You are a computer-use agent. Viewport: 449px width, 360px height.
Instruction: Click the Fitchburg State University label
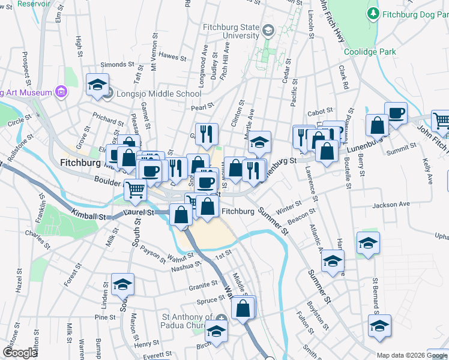232,31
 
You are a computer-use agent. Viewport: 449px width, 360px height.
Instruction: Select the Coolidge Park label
370,52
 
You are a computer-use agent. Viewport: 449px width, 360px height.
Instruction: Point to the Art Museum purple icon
60,92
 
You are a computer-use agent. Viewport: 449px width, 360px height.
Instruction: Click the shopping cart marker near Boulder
136,190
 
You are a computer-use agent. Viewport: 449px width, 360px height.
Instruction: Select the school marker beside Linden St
123,284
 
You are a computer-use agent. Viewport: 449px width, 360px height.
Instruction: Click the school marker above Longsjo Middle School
97,85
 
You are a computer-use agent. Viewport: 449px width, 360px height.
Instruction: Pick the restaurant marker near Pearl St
206,133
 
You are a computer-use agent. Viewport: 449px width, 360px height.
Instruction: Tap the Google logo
20,353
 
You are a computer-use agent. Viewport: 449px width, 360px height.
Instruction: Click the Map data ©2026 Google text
412,355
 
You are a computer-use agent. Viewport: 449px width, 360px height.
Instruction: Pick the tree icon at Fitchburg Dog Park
373,13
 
